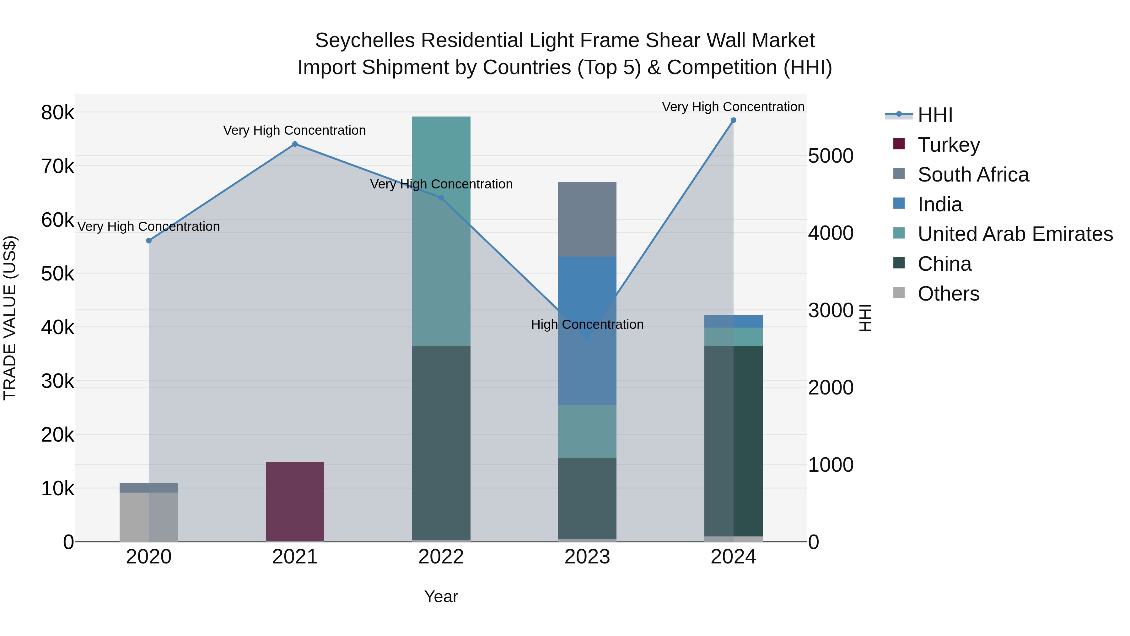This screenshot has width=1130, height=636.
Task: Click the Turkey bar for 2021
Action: pyautogui.click(x=295, y=502)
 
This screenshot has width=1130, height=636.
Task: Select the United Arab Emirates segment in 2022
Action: pyautogui.click(x=441, y=231)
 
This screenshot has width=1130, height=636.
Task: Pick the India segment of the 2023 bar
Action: pyautogui.click(x=587, y=330)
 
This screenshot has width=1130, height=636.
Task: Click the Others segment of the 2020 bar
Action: pyautogui.click(x=149, y=517)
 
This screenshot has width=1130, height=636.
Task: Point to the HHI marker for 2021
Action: pyautogui.click(x=295, y=144)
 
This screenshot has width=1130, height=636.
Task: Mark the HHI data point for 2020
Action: pyautogui.click(x=149, y=241)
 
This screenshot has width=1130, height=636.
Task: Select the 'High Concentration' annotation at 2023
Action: pyautogui.click(x=587, y=324)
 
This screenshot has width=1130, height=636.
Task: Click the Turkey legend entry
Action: pyautogui.click(x=948, y=145)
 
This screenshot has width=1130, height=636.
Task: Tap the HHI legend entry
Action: pyautogui.click(x=935, y=115)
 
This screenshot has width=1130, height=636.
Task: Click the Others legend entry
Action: pyautogui.click(x=948, y=294)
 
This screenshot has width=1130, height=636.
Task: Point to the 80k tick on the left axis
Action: pyautogui.click(x=57, y=113)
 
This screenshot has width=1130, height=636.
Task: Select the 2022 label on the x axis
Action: pyautogui.click(x=441, y=557)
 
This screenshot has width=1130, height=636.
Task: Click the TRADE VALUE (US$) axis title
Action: pyautogui.click(x=10, y=318)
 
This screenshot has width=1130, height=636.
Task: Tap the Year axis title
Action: pyautogui.click(x=441, y=596)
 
